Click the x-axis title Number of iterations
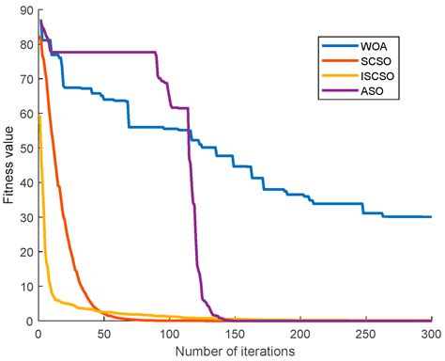pos(234,351)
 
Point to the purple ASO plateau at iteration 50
pos(103,52)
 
